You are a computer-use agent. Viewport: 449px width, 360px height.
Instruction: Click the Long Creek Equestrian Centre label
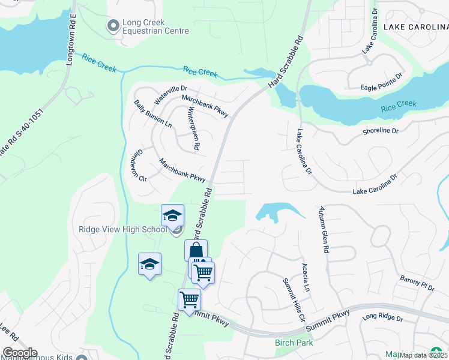(155, 27)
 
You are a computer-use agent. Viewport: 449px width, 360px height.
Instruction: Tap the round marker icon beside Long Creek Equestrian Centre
(112, 26)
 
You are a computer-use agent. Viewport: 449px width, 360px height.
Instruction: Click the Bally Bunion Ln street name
(153, 114)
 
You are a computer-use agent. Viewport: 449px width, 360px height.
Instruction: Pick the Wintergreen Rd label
(193, 128)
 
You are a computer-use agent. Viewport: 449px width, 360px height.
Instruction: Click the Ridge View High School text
(122, 230)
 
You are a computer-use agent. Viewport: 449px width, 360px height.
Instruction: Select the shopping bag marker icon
(196, 251)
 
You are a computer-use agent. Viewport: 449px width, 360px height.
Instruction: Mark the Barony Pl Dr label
(417, 283)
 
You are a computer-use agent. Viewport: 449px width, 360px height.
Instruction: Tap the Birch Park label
(294, 343)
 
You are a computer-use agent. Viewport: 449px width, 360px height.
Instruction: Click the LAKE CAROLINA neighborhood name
(415, 27)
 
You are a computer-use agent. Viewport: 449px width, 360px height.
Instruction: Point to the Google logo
(19, 353)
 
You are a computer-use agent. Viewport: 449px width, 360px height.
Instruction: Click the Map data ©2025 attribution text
(424, 355)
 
